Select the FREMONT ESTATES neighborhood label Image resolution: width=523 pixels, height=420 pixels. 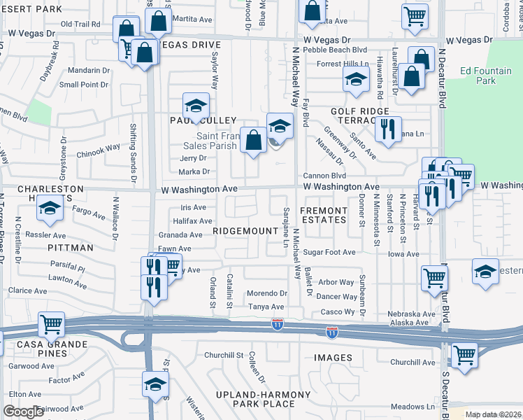coord(324,215)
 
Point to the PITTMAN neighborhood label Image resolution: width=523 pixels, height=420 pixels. coord(70,248)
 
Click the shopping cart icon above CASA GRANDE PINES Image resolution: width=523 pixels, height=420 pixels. coord(52,325)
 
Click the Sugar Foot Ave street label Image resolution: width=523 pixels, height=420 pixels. coord(329,252)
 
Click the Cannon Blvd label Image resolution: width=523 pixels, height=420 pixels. coord(324,176)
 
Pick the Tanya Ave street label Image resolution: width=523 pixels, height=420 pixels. coord(266,307)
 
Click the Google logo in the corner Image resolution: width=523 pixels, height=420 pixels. coord(23,412)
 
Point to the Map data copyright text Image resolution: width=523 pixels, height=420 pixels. coord(492,414)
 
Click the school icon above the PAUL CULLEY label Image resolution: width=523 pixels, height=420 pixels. coord(196,106)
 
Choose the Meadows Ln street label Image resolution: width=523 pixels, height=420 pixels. coord(413,406)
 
